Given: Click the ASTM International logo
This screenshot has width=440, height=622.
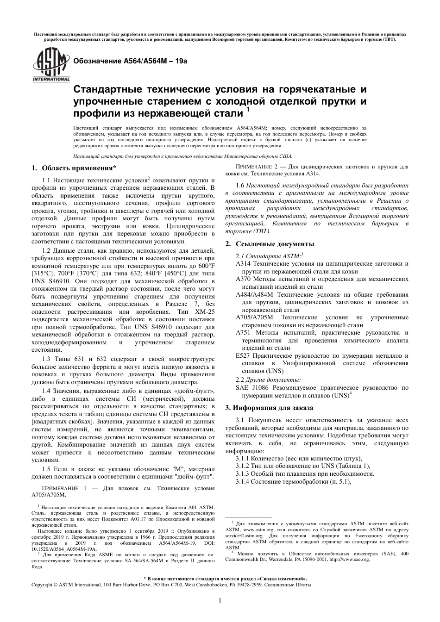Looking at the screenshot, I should click(44, 66).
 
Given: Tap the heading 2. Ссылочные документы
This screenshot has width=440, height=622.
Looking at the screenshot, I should click(270, 244).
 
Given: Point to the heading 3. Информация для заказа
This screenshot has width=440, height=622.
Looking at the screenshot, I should click(269, 408).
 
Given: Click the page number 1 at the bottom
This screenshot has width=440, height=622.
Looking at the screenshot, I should click(220, 600).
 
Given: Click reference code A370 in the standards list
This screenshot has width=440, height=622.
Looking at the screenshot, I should click(243, 279).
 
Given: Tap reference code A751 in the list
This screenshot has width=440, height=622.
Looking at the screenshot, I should click(243, 333).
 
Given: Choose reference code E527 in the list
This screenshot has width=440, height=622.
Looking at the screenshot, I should click(243, 356).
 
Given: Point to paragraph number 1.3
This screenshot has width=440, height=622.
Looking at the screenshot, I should click(48, 359).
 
